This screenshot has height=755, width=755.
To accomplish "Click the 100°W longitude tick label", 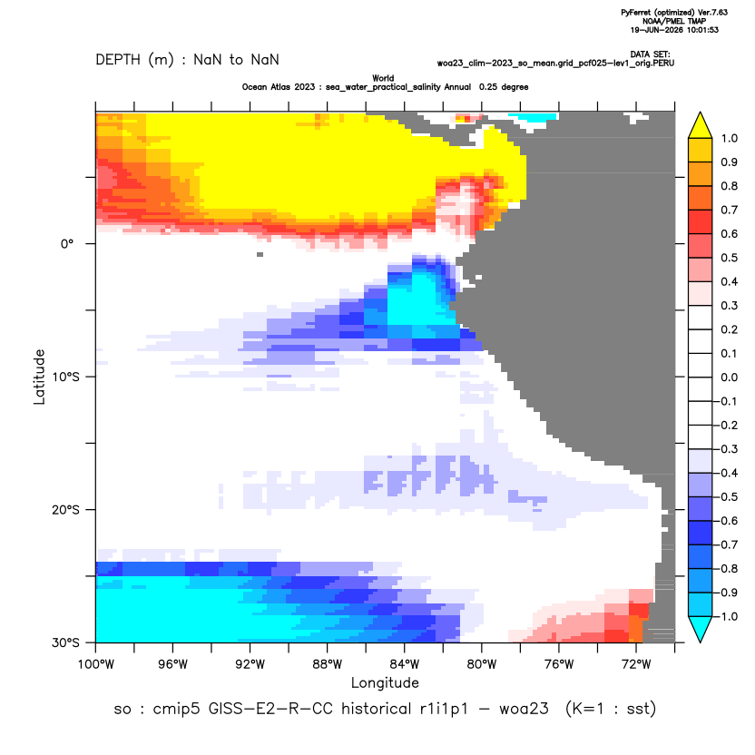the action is point(96,664).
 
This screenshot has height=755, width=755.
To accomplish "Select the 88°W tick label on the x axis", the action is point(327,664).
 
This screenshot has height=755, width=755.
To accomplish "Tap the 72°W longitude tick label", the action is point(636,664).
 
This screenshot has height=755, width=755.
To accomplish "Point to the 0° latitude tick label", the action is point(67,244).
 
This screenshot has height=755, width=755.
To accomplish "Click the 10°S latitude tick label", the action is point(65,377).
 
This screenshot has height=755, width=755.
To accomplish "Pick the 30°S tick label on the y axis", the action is point(65,642).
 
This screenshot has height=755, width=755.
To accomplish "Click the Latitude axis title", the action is point(39,377).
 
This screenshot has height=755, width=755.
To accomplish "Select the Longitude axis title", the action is point(385,682).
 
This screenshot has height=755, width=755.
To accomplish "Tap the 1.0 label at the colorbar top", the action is point(729,139).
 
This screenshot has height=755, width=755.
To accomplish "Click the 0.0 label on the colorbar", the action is point(729,377).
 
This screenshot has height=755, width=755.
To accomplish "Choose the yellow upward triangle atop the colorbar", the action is point(701,125).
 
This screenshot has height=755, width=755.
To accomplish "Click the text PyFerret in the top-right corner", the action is point(636,13).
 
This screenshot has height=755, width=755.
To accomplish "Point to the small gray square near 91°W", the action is point(260,254).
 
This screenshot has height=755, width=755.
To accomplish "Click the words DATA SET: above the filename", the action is point(650,54).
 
